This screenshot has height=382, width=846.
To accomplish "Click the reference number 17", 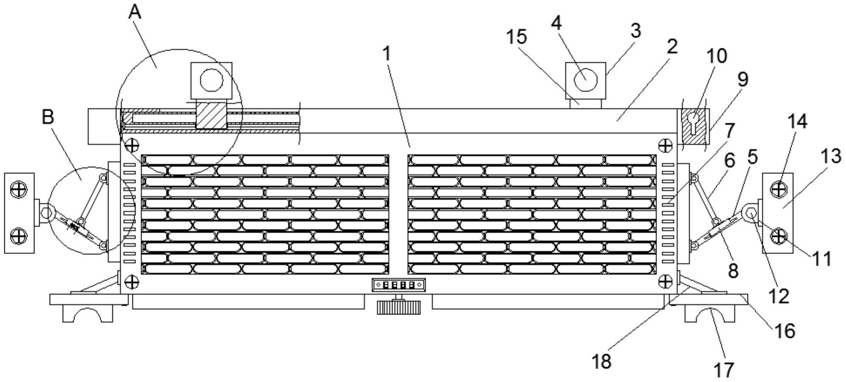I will click(724, 370).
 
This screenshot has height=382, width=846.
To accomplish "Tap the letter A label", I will click(135, 13).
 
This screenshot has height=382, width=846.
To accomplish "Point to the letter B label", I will click(48, 117).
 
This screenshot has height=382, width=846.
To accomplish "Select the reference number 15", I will click(516, 37).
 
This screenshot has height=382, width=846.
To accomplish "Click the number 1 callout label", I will click(387, 54).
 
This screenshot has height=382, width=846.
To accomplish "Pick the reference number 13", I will click(830, 156).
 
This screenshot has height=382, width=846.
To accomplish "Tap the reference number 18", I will click(602, 361).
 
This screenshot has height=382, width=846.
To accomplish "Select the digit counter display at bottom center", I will click(398, 285).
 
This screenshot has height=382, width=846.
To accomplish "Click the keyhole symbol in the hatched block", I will click(694, 122).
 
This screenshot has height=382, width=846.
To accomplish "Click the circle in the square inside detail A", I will click(212, 80).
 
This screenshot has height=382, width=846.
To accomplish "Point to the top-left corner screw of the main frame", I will click(131, 144).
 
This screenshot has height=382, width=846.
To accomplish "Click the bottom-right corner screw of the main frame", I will click(665, 282).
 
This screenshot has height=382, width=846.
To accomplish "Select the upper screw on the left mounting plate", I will click(19, 189).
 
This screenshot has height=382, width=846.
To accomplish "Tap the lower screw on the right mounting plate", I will click(778, 236).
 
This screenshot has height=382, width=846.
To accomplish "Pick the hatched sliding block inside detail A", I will click(211, 115).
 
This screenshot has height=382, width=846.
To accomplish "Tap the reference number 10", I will click(716, 56).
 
